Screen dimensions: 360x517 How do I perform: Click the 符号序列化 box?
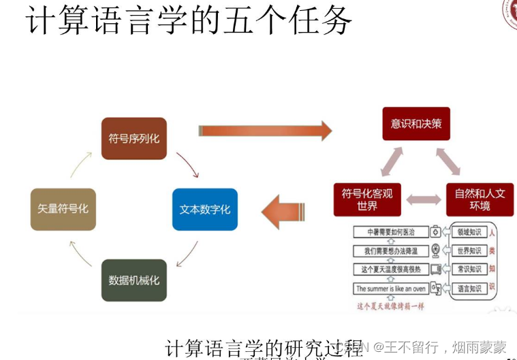point(134,139)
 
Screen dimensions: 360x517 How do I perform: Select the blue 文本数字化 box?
point(204,209)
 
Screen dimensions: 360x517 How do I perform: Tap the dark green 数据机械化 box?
point(134,280)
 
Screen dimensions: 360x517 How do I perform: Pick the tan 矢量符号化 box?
point(63,209)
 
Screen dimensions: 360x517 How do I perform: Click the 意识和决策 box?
point(416,124)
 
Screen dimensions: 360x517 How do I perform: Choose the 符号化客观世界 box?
point(367,199)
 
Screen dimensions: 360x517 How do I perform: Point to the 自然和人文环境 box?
point(480,199)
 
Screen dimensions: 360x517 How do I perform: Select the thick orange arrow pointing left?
point(283,211)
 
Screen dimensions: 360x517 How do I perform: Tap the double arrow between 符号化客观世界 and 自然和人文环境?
point(424,200)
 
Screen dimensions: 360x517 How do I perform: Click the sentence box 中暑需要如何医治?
point(390,232)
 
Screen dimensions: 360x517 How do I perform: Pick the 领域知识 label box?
point(469,232)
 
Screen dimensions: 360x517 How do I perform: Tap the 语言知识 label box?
point(469,289)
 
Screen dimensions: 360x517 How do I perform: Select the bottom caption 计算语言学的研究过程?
point(264,348)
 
